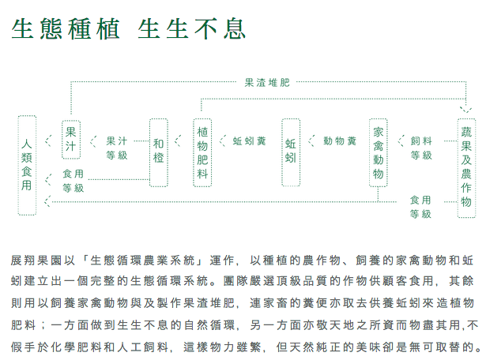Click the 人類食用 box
(28, 164)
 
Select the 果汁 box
(71, 140)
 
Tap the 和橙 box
(158, 152)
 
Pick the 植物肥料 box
(203, 152)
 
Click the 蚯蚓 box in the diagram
(290, 152)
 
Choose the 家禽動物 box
(379, 152)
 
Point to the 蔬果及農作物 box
(467, 164)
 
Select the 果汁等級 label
(117, 148)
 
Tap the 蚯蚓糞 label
(250, 141)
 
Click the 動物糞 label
(340, 141)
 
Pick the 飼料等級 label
(421, 148)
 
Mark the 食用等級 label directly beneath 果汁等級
(73, 181)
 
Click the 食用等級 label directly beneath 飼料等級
(420, 207)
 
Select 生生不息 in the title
(192, 29)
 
